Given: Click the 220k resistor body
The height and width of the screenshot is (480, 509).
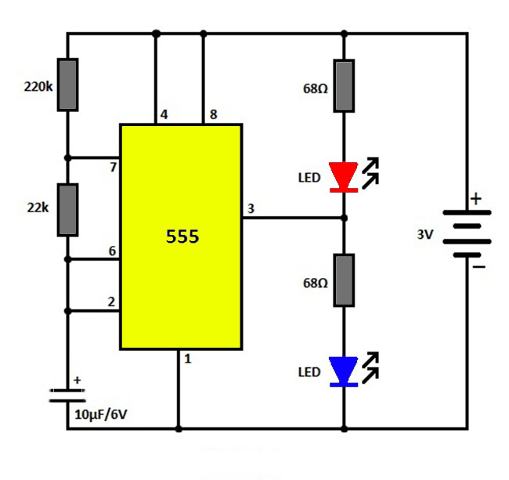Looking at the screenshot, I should click(x=68, y=85).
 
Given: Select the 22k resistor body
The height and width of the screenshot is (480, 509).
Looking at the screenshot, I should click(x=68, y=210).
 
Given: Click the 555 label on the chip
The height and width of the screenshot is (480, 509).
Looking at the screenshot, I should click(x=182, y=236).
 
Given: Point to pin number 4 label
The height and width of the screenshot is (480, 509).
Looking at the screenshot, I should click(x=164, y=115).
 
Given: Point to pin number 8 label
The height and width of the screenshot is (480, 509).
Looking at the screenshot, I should click(x=212, y=115).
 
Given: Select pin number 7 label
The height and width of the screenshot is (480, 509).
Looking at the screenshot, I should click(x=113, y=167).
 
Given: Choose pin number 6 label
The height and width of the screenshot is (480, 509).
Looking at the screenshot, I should click(x=112, y=251).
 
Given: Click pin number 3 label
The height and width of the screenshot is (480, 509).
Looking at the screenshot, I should click(x=251, y=209).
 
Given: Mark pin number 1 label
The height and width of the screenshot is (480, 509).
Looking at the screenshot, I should click(x=187, y=359).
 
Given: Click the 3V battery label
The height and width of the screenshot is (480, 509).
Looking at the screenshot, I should click(x=425, y=233).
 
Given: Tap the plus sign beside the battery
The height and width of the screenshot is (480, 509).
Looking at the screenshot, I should click(x=476, y=200).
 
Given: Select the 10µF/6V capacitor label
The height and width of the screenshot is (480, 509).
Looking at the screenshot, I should click(x=101, y=414).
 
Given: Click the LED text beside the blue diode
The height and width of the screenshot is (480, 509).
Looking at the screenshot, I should click(x=309, y=372).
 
